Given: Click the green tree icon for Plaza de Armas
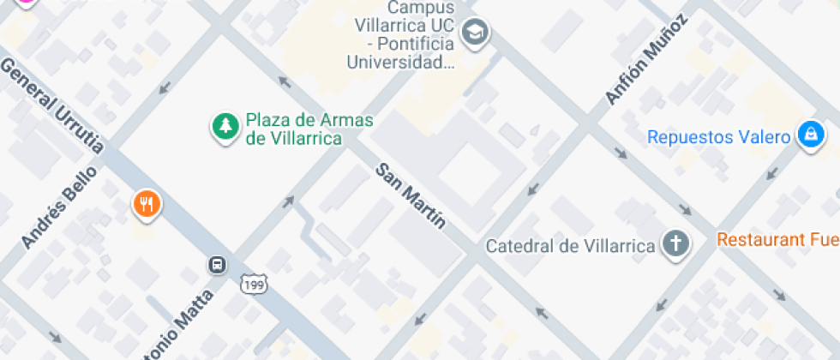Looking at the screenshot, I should [x=225, y=127].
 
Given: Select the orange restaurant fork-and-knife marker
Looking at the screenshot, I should [x=147, y=204].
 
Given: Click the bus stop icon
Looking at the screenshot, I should [x=218, y=265].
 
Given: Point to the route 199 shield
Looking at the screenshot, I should [x=253, y=283].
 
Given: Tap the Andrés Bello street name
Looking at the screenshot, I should [x=57, y=208].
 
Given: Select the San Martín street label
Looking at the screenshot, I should [x=411, y=195].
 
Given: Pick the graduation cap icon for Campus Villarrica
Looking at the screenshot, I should [x=473, y=33].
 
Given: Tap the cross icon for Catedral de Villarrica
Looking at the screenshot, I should [x=675, y=244].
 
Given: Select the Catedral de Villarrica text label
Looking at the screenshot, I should [x=570, y=246].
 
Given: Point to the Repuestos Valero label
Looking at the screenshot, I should [x=717, y=136].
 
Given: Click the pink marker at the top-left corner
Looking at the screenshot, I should [x=26, y=3].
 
